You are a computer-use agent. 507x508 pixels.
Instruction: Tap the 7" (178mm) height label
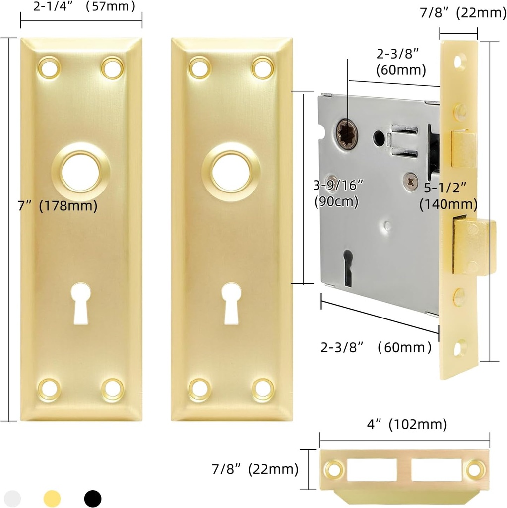(58, 205)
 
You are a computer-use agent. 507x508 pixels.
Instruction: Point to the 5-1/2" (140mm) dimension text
(448, 196)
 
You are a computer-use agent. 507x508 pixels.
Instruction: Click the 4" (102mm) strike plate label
(404, 425)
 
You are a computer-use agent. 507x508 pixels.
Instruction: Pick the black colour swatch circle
(92, 498)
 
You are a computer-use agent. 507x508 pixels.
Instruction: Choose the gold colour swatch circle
(52, 498)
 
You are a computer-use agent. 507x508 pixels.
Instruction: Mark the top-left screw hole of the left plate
(49, 67)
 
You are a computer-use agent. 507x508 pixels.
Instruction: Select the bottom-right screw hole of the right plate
(262, 389)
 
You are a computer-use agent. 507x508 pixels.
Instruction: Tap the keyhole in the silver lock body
(348, 266)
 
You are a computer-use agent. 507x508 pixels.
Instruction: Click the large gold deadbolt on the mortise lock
(475, 247)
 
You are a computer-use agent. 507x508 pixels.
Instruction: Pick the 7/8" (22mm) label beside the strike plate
(254, 468)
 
